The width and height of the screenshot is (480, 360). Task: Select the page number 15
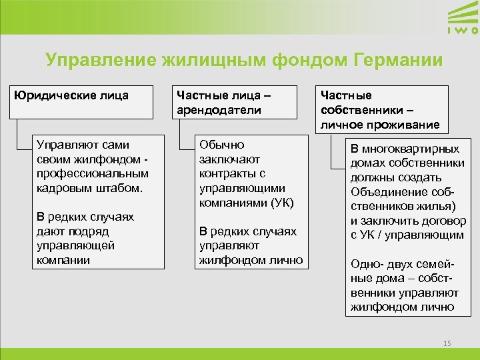tap(447, 343)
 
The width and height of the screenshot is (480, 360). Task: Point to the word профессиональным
tap(93, 173)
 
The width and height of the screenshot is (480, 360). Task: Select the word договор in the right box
tap(443, 221)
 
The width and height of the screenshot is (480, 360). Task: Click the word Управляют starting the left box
tap(65, 145)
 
